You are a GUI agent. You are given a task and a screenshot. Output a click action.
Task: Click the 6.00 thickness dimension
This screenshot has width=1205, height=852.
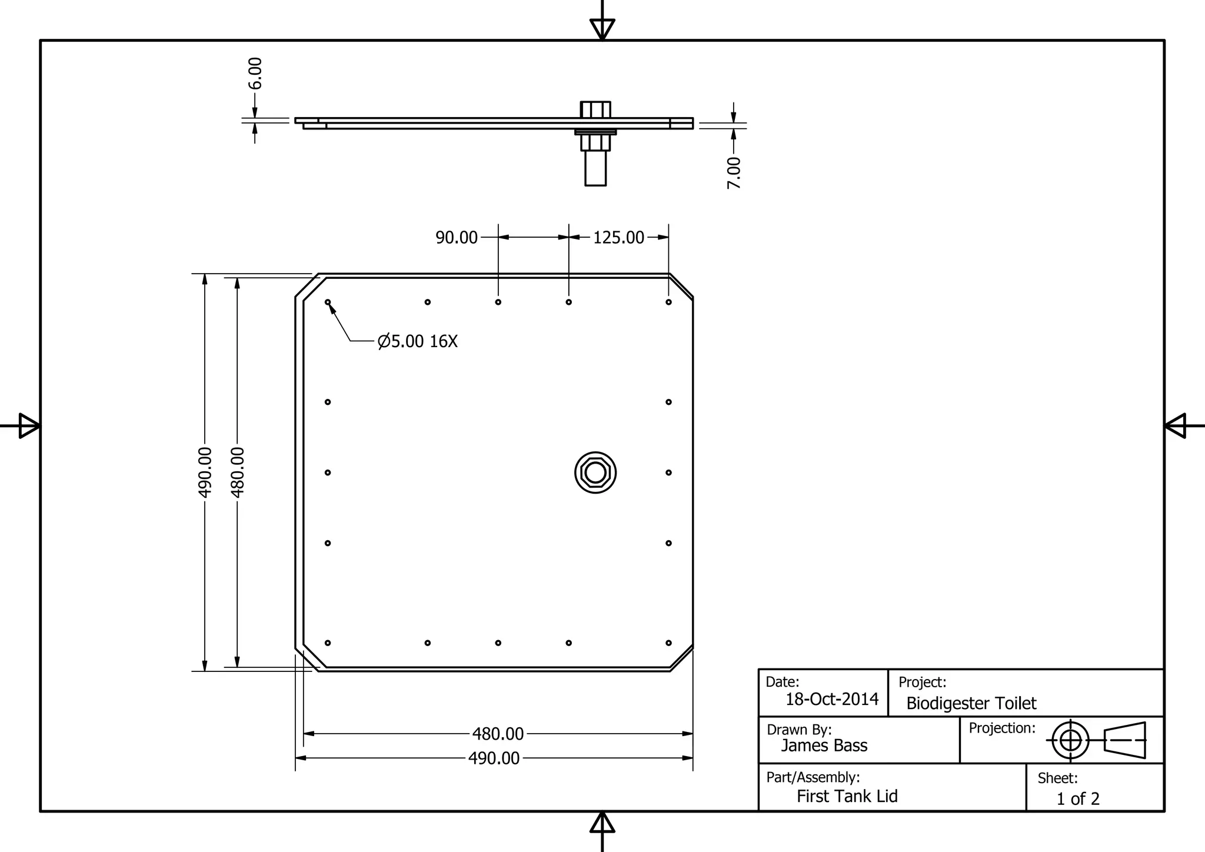[255, 74]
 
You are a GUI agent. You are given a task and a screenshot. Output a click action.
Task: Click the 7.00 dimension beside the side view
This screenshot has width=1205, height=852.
[734, 172]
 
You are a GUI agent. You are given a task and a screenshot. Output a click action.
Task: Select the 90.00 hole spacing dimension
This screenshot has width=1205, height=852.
[456, 238]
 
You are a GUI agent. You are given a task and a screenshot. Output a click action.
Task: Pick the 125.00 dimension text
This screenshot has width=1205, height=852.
[618, 238]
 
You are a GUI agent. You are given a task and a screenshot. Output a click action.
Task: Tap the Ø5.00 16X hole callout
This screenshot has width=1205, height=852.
[417, 341]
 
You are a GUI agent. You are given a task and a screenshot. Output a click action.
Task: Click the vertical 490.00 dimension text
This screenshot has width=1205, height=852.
[205, 472]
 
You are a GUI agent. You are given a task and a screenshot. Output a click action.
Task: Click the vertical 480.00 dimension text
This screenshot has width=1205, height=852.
[237, 472]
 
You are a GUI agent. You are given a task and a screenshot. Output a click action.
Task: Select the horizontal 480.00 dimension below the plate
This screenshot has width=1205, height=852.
[498, 734]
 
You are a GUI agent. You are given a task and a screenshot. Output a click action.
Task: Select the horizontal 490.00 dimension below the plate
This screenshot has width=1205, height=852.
[494, 758]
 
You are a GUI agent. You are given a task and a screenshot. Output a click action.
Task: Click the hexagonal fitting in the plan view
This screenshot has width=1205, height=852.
[595, 472]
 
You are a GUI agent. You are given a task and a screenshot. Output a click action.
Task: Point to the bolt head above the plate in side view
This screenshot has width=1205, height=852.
[595, 109]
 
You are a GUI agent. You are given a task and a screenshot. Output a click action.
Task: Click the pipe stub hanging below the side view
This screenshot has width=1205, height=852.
[595, 169]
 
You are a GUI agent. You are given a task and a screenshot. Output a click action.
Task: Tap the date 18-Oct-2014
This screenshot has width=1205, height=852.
[832, 699]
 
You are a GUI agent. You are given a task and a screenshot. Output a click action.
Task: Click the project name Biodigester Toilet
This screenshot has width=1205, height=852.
[971, 703]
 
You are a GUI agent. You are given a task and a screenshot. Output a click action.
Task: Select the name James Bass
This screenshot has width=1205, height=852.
[824, 745]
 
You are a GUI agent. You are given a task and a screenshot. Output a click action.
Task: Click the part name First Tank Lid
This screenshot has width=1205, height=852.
[847, 796]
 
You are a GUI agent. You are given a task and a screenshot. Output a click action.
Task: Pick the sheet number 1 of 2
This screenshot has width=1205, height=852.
[1077, 798]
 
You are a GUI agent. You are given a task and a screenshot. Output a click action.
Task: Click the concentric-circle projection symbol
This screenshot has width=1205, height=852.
[1070, 740]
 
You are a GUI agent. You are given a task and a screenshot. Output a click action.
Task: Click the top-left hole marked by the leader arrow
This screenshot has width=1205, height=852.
[328, 302]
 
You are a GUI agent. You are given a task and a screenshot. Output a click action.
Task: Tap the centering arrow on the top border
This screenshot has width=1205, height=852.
[602, 28]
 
